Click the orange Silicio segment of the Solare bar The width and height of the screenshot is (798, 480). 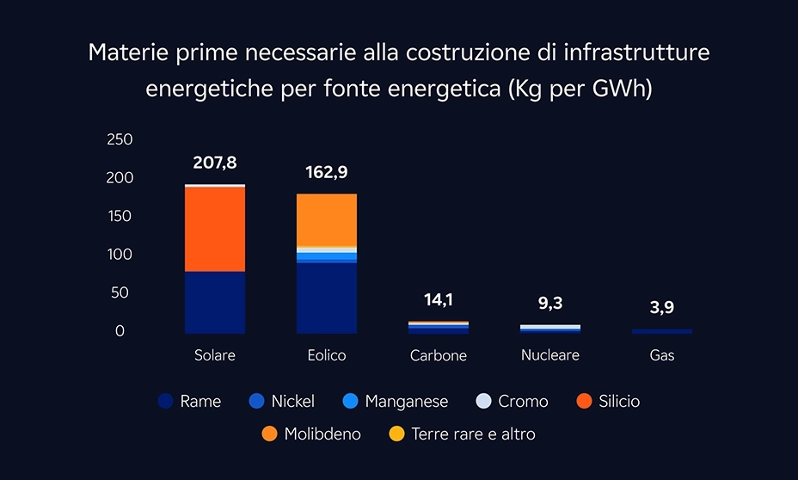[x=215, y=229]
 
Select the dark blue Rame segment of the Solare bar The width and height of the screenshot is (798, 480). [x=215, y=302]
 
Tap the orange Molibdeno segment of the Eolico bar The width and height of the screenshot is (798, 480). [x=327, y=219]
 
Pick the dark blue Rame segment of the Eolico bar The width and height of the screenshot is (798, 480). [x=327, y=298]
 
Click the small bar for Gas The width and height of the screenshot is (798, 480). [x=661, y=331]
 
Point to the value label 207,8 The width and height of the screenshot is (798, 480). [x=215, y=163]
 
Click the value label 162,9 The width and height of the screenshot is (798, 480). [x=327, y=173]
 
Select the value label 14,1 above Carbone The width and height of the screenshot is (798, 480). [x=439, y=300]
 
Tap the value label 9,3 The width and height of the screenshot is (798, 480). [x=550, y=303]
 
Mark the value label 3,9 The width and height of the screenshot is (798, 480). [x=661, y=308]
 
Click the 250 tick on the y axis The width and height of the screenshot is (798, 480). [x=120, y=139]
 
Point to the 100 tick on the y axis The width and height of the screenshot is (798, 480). [x=120, y=255]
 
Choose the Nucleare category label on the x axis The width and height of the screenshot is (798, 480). [x=550, y=354]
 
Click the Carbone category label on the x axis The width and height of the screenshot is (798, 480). [x=439, y=355]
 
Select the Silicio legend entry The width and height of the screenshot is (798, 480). [x=608, y=402]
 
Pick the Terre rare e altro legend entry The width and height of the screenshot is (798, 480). [x=462, y=434]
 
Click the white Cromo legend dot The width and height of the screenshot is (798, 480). [x=484, y=402]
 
